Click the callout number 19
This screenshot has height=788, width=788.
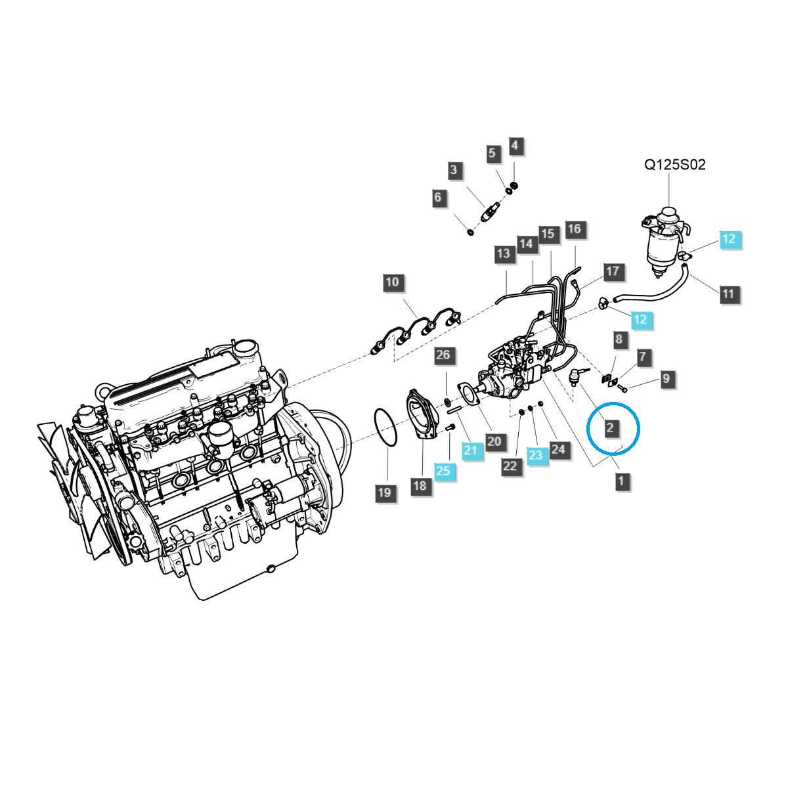click(385, 492)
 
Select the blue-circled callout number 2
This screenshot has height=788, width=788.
click(611, 428)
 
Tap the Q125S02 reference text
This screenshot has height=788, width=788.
click(674, 165)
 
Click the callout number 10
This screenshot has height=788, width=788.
click(392, 282)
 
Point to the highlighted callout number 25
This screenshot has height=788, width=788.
click(443, 470)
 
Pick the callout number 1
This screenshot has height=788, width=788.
click(621, 481)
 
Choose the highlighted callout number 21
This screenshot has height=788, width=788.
click(470, 450)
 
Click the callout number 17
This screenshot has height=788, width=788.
click(612, 271)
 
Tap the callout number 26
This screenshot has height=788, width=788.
click(443, 355)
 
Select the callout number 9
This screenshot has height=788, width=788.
click(666, 378)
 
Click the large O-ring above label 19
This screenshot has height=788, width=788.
click(385, 428)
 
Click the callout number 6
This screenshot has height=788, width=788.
click(438, 197)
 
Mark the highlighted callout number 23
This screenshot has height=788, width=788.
click(536, 454)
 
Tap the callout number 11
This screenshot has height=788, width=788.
click(728, 294)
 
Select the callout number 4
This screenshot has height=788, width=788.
click(515, 145)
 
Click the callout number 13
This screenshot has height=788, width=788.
click(503, 253)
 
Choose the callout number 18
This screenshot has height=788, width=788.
click(420, 486)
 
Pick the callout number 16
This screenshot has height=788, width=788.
click(574, 229)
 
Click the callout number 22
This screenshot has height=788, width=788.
click(511, 466)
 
